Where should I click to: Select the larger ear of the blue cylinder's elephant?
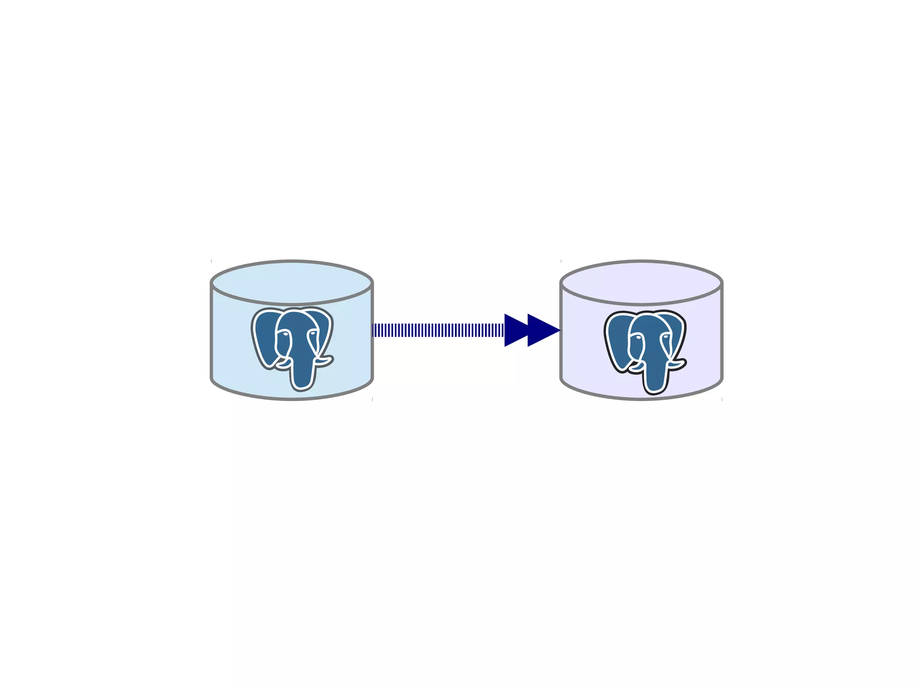click(x=264, y=336)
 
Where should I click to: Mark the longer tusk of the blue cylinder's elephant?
click(x=324, y=361)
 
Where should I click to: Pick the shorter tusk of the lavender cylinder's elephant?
click(x=636, y=368)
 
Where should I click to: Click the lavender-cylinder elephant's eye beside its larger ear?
click(x=637, y=337)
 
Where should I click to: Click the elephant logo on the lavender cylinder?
click(x=645, y=350)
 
